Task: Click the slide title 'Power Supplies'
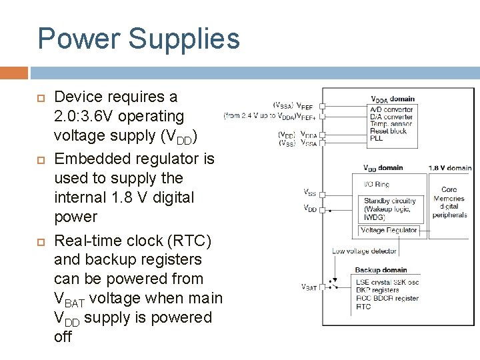pyautogui.click(x=139, y=39)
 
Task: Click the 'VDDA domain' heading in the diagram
pyautogui.click(x=393, y=100)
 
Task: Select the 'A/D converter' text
pyautogui.click(x=391, y=109)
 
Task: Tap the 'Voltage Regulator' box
pyautogui.click(x=389, y=231)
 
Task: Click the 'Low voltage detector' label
pyautogui.click(x=364, y=251)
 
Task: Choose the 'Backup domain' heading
pyautogui.click(x=381, y=270)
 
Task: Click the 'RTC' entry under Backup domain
pyautogui.click(x=363, y=307)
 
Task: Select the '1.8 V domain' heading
pyautogui.click(x=449, y=168)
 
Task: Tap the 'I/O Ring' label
pyautogui.click(x=377, y=184)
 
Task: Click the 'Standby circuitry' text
pyautogui.click(x=389, y=201)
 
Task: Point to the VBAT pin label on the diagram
pyautogui.click(x=309, y=287)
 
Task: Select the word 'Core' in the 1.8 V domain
pyautogui.click(x=449, y=190)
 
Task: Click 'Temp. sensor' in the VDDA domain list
pyautogui.click(x=391, y=124)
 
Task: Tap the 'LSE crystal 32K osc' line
pyautogui.click(x=387, y=282)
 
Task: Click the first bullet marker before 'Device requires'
pyautogui.click(x=40, y=97)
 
